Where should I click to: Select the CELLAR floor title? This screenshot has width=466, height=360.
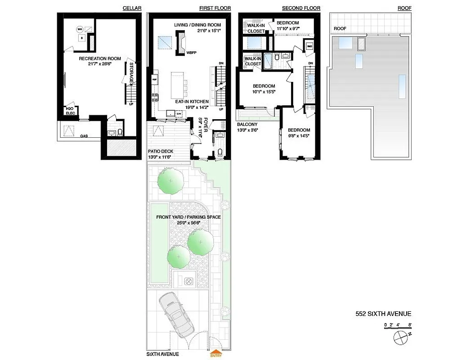click(x=132, y=8)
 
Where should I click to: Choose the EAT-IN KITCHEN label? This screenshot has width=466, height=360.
click(x=192, y=102)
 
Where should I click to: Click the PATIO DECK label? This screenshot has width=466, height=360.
click(x=161, y=151)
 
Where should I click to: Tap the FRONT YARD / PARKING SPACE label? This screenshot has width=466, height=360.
click(x=188, y=217)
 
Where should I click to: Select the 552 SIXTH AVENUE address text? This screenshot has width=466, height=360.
click(x=383, y=314)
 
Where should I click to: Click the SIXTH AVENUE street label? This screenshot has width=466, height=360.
click(x=163, y=354)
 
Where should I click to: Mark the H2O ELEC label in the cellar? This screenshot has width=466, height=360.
click(x=70, y=111)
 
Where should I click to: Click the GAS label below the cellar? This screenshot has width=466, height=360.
click(x=84, y=135)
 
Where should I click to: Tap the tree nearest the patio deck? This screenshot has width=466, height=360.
click(x=170, y=182)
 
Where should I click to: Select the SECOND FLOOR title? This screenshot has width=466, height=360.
click(x=301, y=8)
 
